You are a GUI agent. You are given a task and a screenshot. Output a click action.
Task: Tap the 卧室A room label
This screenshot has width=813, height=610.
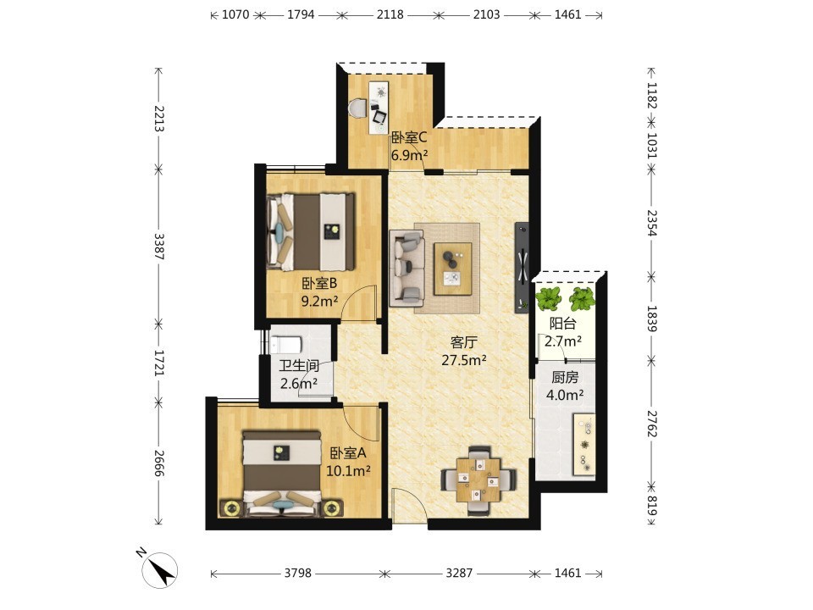(348, 452)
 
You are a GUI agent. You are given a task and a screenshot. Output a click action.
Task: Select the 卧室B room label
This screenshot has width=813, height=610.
(319, 283)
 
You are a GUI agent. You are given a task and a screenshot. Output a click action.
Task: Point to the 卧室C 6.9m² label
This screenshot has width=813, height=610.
(409, 146)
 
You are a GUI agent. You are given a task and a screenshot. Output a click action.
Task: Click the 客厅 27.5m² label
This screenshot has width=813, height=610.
(464, 351)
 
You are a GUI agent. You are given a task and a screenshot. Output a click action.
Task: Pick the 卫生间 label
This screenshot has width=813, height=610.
(299, 366)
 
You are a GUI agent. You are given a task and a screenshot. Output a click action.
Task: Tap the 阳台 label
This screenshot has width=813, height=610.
(562, 324)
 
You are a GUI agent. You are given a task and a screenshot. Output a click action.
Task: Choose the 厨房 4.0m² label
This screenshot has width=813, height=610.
(565, 386)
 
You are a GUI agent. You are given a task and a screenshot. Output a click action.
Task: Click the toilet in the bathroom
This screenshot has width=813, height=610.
(285, 345)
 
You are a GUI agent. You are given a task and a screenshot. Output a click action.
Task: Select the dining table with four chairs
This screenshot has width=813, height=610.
(478, 480)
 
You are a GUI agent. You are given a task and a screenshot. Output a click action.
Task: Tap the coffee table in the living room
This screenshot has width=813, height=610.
(452, 269)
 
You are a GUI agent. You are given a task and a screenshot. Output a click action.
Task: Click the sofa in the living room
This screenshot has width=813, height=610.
(407, 269)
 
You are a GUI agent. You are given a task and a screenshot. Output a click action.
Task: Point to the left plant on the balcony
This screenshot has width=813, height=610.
(548, 299)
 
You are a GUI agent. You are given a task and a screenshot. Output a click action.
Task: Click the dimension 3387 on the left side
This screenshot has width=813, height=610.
(158, 247)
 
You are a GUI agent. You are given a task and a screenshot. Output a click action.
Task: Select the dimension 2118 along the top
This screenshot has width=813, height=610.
(390, 14)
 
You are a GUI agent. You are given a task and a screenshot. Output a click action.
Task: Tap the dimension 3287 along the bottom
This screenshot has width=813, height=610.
(459, 573)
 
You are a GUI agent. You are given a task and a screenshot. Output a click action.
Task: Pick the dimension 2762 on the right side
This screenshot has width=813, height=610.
(652, 424)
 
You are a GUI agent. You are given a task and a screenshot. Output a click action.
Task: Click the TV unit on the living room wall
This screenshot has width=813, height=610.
(522, 268)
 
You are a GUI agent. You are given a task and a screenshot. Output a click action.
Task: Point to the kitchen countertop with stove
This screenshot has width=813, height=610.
(583, 444)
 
